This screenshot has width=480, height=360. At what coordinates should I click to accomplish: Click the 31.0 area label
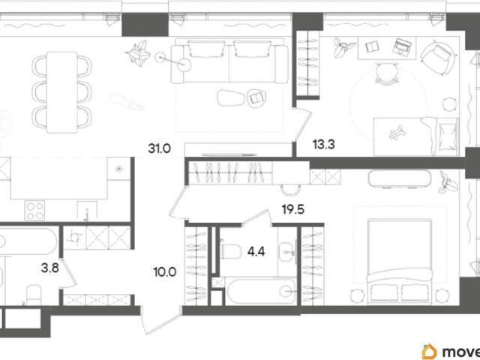point(159,148)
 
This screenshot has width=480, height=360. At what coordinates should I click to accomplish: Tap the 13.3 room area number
point(323,144)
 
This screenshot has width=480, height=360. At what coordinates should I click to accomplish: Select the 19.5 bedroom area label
point(293,210)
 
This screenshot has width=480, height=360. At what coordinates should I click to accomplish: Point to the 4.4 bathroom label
point(256,252)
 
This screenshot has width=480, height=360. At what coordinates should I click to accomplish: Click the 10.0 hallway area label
point(165,271)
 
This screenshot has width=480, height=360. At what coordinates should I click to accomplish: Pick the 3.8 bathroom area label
point(50,269)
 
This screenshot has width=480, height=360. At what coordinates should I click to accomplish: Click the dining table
point(61,92)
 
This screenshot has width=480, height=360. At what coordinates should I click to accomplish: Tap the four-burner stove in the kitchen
point(34,210)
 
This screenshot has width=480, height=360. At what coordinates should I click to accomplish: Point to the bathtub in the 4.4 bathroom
point(261,291)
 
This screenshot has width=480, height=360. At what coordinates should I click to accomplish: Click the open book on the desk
point(372,46)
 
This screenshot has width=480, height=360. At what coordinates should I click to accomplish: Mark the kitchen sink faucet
point(87,214)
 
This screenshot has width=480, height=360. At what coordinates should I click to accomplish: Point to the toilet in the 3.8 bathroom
point(33,295)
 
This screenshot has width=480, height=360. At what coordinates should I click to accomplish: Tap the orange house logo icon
point(430,352)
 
